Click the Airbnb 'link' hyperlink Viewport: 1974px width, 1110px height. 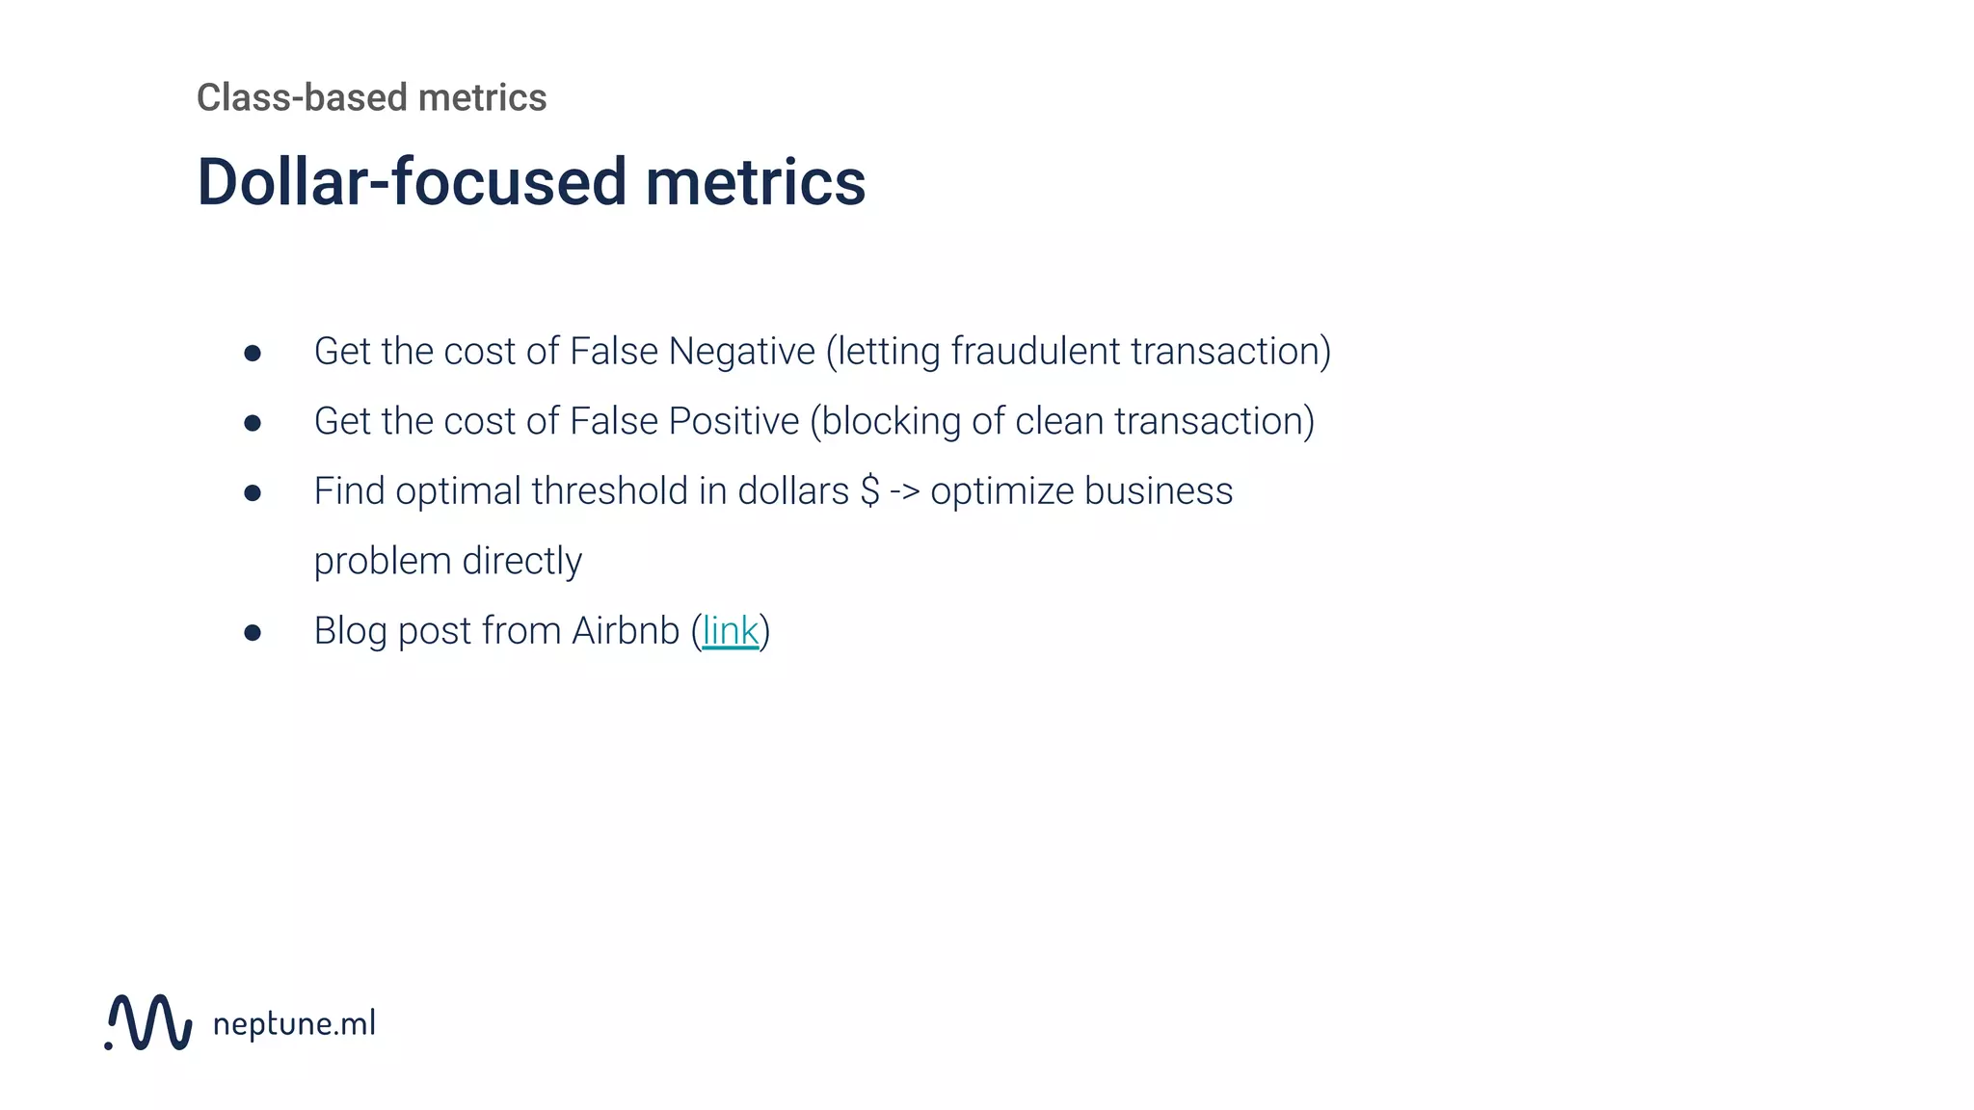tap(730, 631)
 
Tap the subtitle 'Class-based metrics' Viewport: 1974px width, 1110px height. tap(371, 97)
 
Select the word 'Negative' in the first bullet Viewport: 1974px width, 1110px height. tap(741, 352)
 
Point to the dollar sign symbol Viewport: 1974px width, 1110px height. tap(869, 491)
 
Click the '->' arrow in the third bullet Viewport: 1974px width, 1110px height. tap(904, 491)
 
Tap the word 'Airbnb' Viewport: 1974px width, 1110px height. tap(626, 631)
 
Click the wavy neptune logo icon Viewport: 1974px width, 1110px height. tap(148, 1022)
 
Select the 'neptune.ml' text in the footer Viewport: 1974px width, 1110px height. tap(294, 1023)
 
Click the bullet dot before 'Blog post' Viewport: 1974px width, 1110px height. tap(253, 633)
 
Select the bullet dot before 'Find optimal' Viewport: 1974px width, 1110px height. tap(253, 493)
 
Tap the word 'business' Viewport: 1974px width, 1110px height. tap(1158, 491)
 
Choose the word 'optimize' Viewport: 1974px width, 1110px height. tap(1001, 492)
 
